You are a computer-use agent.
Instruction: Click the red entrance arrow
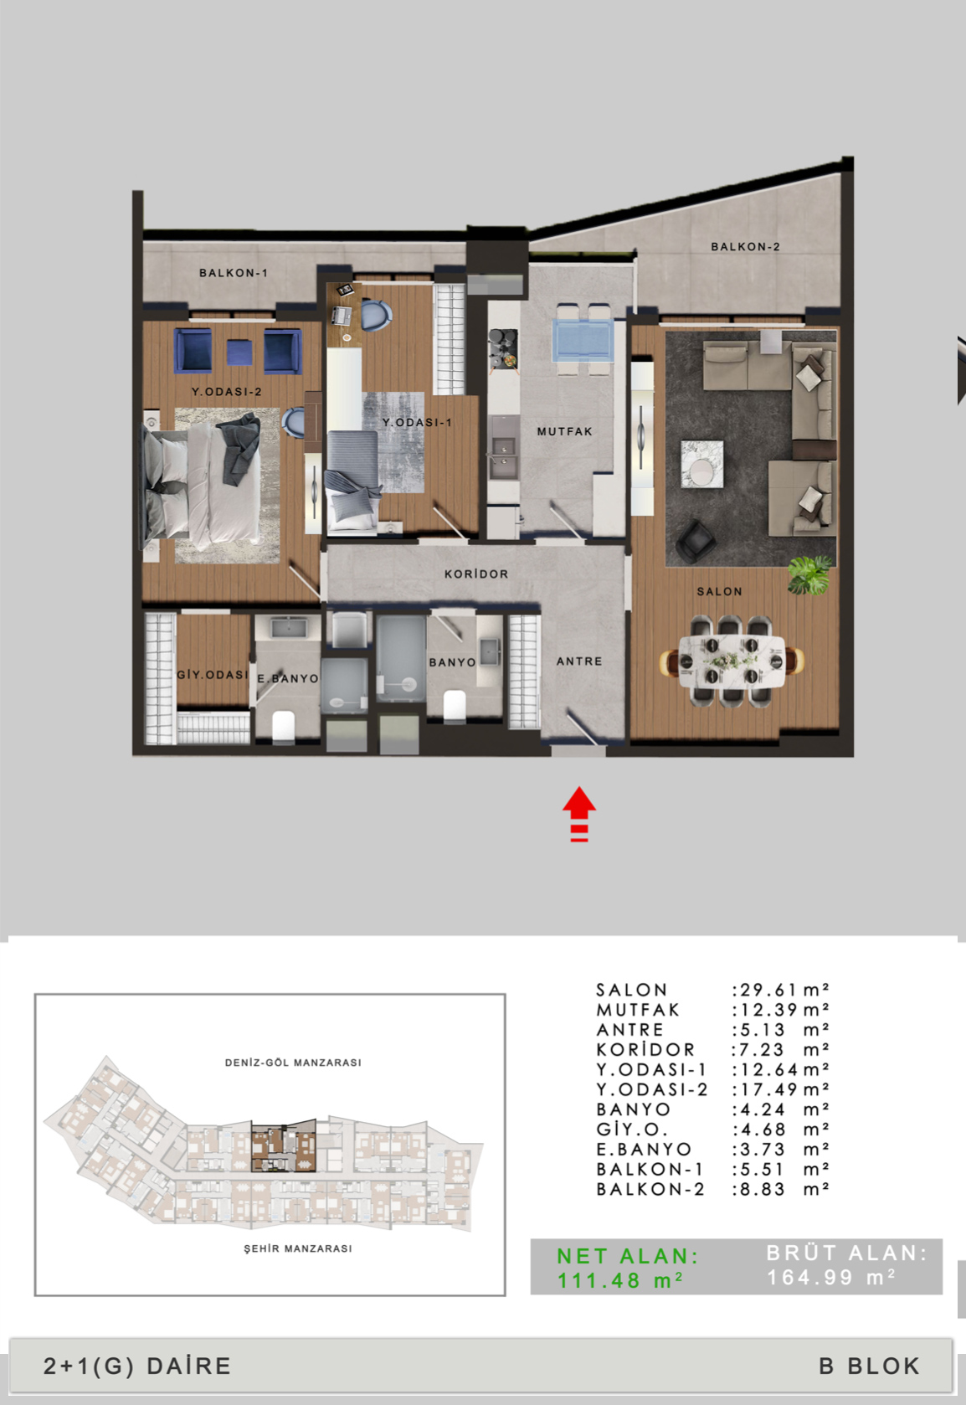point(578,814)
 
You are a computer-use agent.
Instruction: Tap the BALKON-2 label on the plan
point(745,246)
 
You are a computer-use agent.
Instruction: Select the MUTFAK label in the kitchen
point(564,431)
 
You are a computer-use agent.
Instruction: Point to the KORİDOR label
point(475,574)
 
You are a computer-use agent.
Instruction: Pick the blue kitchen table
point(583,340)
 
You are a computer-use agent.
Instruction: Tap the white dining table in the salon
point(732,661)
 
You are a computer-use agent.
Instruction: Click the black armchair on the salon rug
point(695,540)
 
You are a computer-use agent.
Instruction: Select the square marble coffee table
point(702,464)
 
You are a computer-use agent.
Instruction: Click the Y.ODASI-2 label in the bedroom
point(226,391)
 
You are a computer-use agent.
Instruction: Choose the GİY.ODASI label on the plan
point(213,674)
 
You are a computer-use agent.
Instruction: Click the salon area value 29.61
point(768,989)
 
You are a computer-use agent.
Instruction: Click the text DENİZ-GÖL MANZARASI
point(293,1062)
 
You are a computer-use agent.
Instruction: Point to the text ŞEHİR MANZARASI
point(297,1248)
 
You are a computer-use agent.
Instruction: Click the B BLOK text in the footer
point(870,1366)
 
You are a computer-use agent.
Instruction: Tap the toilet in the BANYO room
point(455,706)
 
